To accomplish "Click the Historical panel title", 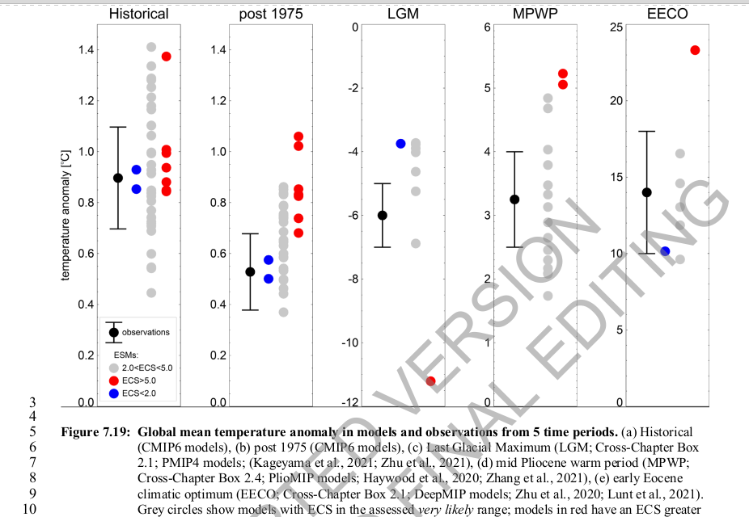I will point(138,14).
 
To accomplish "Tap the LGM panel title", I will point(403,14).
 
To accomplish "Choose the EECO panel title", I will point(666,14).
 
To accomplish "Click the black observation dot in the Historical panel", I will point(118,178).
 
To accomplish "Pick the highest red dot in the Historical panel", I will point(167,57).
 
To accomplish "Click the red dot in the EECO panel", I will point(695,50).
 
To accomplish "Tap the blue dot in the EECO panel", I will point(666,252).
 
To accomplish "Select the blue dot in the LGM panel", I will point(400,144).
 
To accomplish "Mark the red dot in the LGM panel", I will point(430,381).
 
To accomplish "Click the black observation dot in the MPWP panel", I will point(514,199).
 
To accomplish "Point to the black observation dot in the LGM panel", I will point(383,215).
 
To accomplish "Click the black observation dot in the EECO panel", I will point(646,192).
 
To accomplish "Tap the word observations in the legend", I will point(146,332).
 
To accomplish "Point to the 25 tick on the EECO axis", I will point(616,27).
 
